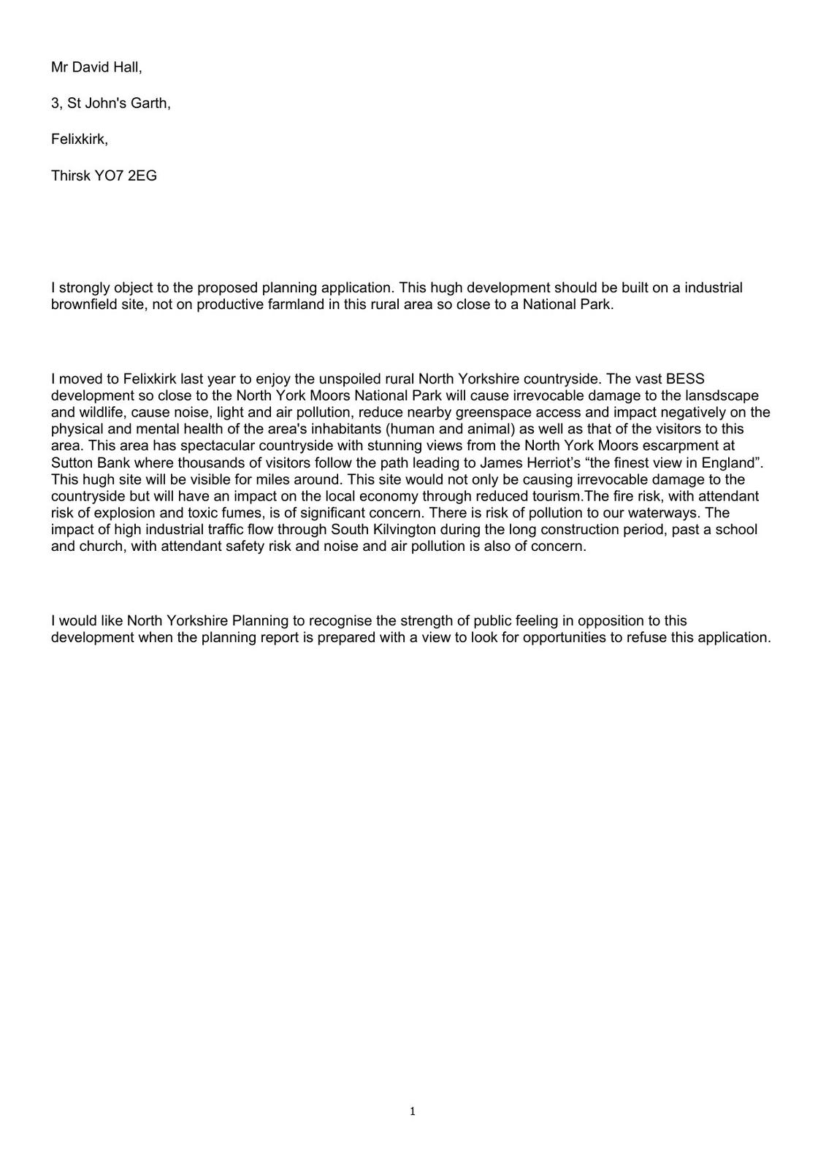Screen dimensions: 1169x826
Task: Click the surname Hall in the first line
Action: click(x=126, y=67)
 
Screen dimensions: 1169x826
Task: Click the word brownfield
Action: click(x=84, y=305)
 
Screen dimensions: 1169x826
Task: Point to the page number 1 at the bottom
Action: click(x=413, y=1112)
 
